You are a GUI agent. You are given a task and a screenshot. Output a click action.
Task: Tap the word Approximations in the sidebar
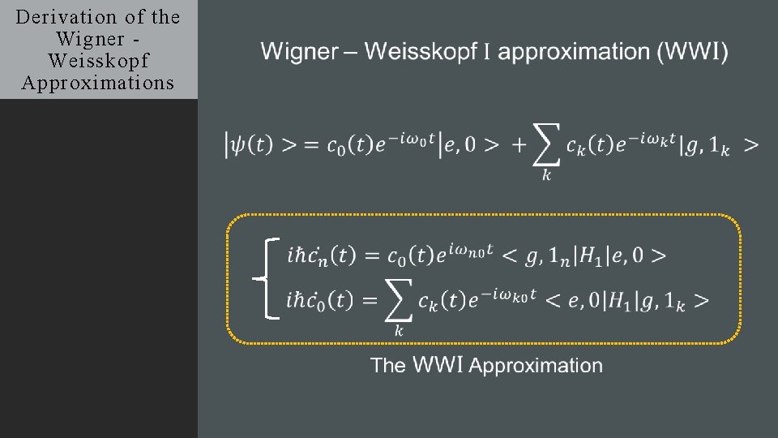(x=98, y=83)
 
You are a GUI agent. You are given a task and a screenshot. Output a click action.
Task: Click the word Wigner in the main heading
(x=299, y=52)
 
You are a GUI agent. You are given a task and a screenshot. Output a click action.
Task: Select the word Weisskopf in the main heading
(x=420, y=52)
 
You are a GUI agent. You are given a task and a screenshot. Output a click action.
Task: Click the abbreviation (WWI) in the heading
(x=693, y=52)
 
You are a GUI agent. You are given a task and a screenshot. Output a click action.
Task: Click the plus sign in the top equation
(x=519, y=145)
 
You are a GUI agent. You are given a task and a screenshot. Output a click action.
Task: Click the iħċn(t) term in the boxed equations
(x=321, y=255)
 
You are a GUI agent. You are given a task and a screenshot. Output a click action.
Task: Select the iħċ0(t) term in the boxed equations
(x=321, y=301)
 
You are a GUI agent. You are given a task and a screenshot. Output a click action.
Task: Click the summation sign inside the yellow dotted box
(x=397, y=303)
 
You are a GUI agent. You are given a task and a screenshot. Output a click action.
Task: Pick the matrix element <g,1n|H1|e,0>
(x=584, y=255)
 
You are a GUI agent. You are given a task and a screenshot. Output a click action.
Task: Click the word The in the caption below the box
(x=388, y=366)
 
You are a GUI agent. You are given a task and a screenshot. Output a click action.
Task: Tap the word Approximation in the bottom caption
(x=536, y=366)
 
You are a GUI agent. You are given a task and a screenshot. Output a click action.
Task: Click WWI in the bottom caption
(x=438, y=366)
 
